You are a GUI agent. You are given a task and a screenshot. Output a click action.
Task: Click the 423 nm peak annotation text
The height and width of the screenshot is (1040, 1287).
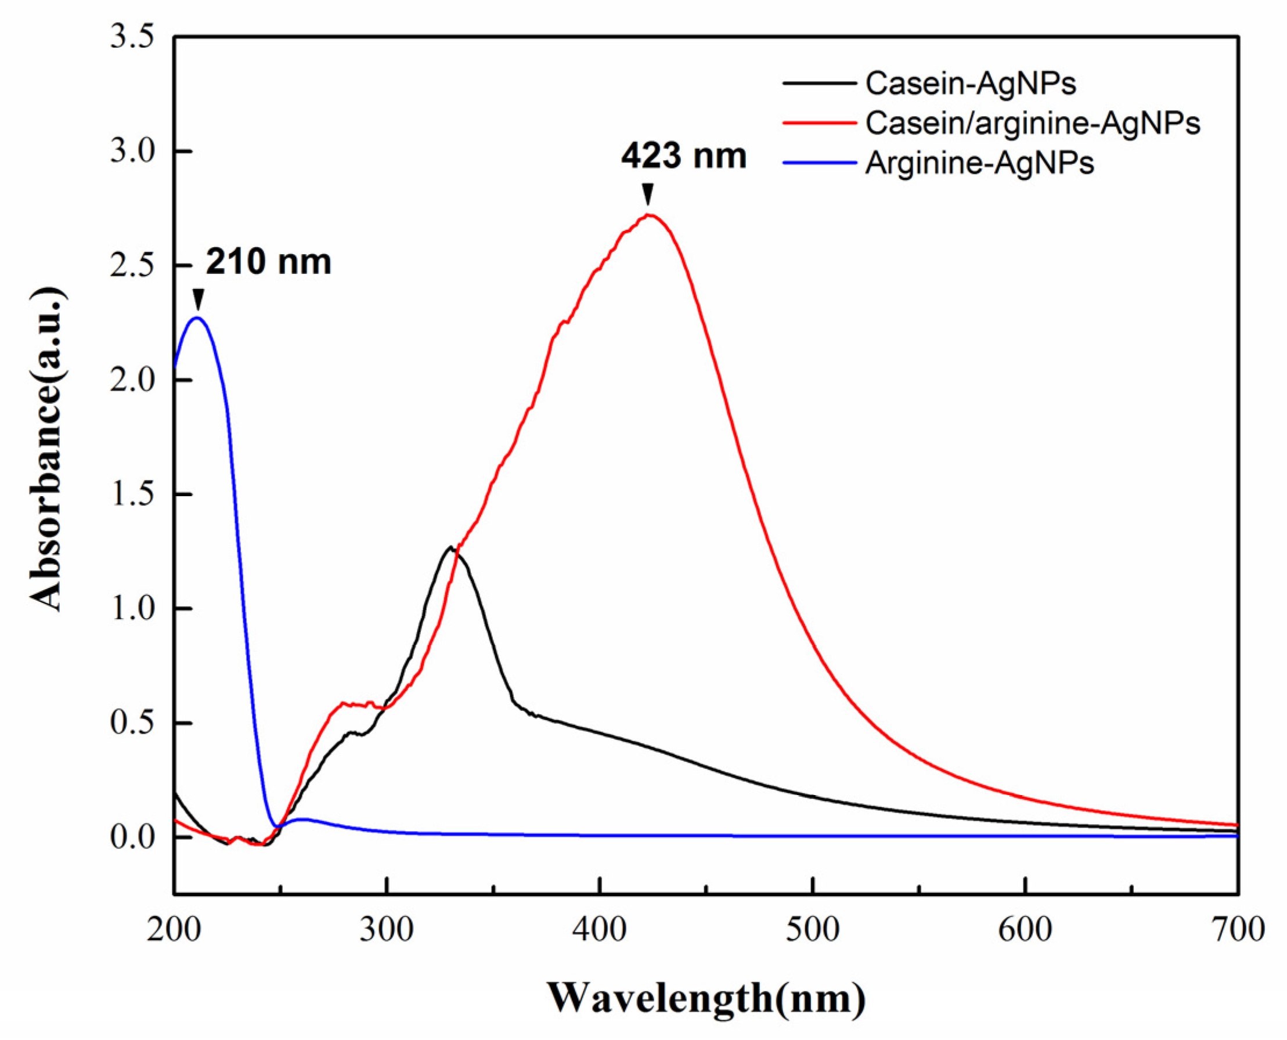(x=684, y=157)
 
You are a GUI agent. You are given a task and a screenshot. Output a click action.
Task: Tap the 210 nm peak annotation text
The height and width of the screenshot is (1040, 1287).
(x=268, y=262)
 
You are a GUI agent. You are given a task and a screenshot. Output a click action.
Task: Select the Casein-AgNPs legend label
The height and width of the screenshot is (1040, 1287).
(x=971, y=84)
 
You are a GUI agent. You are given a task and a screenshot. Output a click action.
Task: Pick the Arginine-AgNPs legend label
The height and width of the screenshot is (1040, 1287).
(x=980, y=163)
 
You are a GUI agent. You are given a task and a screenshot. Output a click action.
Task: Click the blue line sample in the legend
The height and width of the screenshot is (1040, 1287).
(x=819, y=163)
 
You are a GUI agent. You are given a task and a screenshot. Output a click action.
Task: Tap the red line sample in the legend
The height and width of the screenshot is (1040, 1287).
(x=819, y=124)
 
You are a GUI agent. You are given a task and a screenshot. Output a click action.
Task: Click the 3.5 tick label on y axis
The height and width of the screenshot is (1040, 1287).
(x=132, y=37)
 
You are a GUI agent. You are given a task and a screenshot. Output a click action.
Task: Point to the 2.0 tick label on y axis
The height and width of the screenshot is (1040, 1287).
(x=132, y=380)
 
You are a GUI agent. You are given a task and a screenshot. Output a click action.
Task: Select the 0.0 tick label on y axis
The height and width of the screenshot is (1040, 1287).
(x=132, y=837)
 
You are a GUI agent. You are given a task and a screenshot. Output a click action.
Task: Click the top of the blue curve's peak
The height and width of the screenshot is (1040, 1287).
(x=197, y=317)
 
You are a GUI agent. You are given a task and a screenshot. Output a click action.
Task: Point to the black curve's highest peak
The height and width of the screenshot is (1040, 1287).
(x=449, y=547)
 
